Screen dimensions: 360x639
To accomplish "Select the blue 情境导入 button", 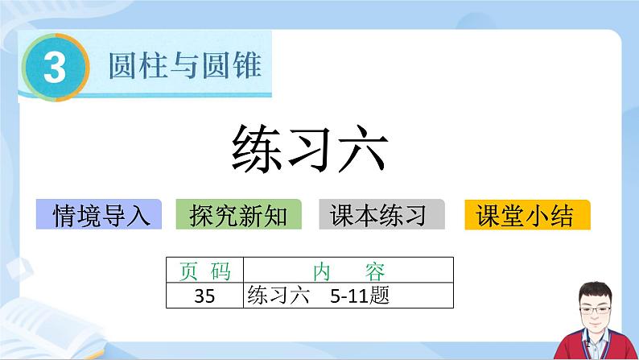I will (x=100, y=214).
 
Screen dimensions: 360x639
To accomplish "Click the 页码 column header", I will (x=204, y=271).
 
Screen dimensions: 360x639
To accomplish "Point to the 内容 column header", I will (x=348, y=271).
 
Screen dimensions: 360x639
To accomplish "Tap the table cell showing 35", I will (x=204, y=296).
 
